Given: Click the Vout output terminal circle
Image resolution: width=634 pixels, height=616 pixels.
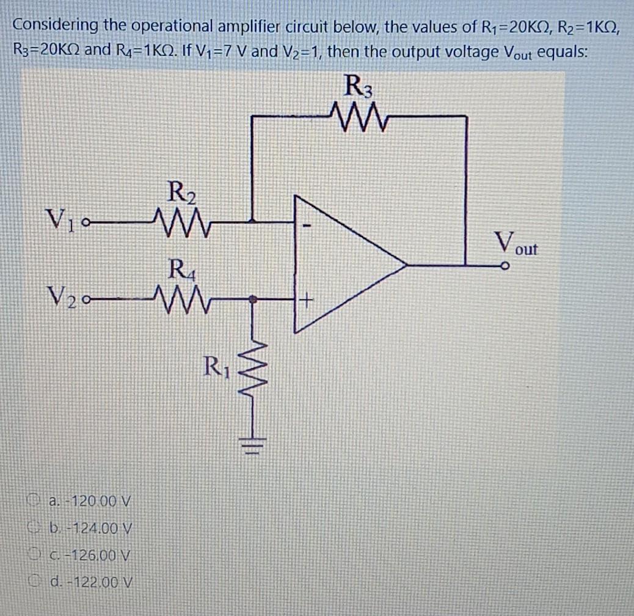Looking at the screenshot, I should pos(504,266).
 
